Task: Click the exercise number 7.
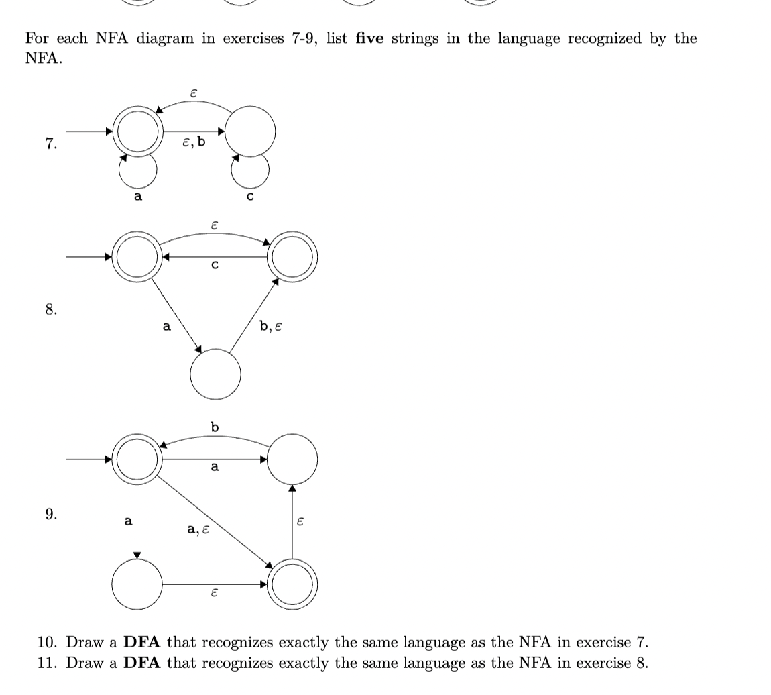pyautogui.click(x=51, y=144)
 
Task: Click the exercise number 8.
pyautogui.click(x=51, y=309)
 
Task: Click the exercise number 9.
pyautogui.click(x=51, y=515)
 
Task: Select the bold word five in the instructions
pyautogui.click(x=369, y=38)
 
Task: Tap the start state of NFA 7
pyautogui.click(x=137, y=131)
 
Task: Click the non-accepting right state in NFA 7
pyautogui.click(x=250, y=131)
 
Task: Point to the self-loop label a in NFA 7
pyautogui.click(x=137, y=196)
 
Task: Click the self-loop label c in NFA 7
pyautogui.click(x=250, y=196)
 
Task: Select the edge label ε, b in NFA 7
pyautogui.click(x=194, y=142)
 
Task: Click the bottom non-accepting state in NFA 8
pyautogui.click(x=215, y=374)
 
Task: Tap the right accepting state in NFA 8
pyautogui.click(x=292, y=257)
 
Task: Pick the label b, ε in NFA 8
pyautogui.click(x=271, y=327)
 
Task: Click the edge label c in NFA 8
pyautogui.click(x=215, y=265)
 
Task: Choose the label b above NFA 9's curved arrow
pyautogui.click(x=215, y=427)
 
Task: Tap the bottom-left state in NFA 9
pyautogui.click(x=137, y=584)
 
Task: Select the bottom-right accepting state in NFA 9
pyautogui.click(x=292, y=584)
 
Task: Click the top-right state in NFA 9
pyautogui.click(x=292, y=459)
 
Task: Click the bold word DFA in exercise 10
pyautogui.click(x=142, y=643)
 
